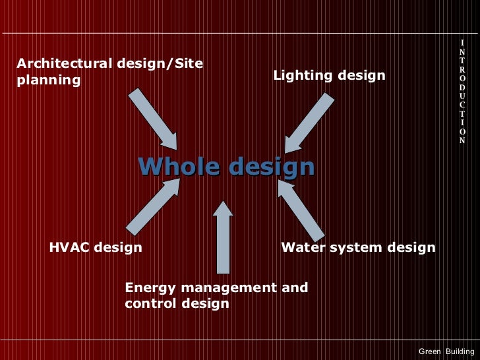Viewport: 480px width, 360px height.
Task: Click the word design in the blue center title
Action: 270,167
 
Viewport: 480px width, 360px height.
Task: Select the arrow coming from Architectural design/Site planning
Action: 153,119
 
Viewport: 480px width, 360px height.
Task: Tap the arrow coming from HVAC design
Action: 153,206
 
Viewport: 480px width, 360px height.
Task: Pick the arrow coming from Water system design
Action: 301,210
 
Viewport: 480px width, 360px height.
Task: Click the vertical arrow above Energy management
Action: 223,237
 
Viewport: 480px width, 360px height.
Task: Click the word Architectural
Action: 64,64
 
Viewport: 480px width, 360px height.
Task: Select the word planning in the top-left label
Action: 48,80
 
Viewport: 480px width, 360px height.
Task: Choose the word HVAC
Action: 69,248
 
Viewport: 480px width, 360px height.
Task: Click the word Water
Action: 301,248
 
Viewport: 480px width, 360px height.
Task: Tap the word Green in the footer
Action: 429,351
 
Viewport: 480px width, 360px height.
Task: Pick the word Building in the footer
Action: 460,351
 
